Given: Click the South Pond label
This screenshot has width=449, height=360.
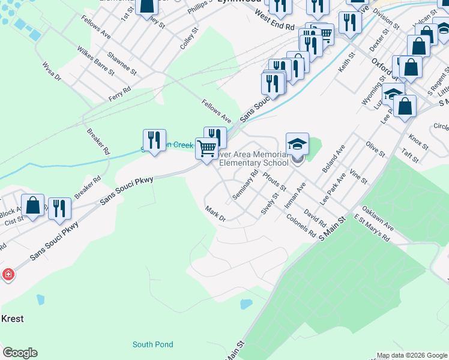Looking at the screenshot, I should [x=152, y=344].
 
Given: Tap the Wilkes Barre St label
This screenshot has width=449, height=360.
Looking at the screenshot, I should [x=95, y=62].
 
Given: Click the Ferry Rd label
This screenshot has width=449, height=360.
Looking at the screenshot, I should [x=119, y=94].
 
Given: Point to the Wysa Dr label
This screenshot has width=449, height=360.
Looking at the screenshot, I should [x=52, y=70].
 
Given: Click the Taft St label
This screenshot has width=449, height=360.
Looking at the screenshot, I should [x=411, y=157].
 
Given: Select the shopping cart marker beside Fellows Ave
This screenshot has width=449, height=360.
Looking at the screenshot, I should [x=206, y=148].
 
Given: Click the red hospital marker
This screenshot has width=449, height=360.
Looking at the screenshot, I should [x=8, y=275].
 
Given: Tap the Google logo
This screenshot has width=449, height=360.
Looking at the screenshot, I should [x=20, y=353].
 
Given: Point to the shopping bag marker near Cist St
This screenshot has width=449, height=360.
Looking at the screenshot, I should [x=32, y=205].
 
